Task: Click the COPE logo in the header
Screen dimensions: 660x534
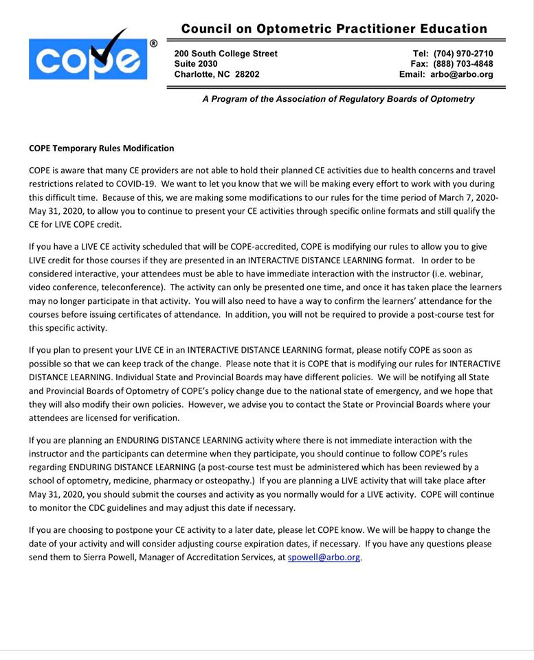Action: [88, 59]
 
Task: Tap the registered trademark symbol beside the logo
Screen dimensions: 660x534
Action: [153, 43]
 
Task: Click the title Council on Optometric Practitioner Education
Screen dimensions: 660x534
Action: [334, 29]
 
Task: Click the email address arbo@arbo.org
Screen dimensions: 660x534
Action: [462, 74]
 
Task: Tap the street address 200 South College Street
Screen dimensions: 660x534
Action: [225, 54]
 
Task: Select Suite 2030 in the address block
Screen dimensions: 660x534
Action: [196, 64]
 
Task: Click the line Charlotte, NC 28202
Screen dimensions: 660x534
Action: [217, 74]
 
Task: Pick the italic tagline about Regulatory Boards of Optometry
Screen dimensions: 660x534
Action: [338, 99]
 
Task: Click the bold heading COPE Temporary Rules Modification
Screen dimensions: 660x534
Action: [102, 148]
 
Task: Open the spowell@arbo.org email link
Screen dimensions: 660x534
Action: [324, 558]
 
